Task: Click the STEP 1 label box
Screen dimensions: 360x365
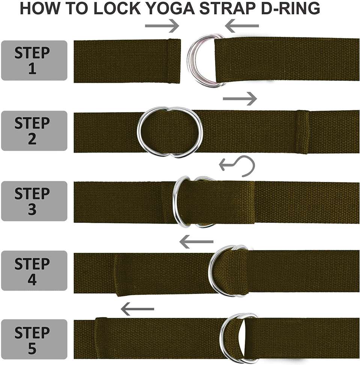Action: tap(34, 61)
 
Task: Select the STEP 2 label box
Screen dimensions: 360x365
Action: tap(34, 130)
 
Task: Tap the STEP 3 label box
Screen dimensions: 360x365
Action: tap(34, 201)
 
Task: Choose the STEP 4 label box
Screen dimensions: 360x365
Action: tap(34, 271)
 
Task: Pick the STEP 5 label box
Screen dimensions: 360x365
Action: tap(34, 339)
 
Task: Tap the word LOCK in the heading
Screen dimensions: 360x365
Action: tap(117, 8)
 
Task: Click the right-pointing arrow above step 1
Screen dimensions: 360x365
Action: tap(162, 26)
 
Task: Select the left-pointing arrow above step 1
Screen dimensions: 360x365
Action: tap(242, 26)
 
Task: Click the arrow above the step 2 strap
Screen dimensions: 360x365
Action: tap(240, 99)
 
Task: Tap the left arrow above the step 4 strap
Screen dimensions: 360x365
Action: tap(196, 242)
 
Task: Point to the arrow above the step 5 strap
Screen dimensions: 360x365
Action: tap(137, 309)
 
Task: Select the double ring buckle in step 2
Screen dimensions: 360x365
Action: tap(139, 132)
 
